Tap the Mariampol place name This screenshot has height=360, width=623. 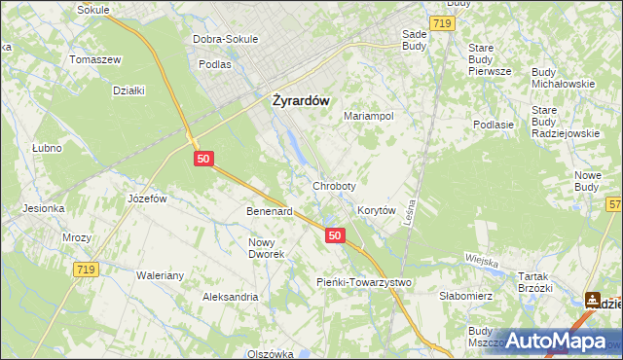(369, 116)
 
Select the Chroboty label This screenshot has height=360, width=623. (334, 185)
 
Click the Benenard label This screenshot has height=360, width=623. (270, 210)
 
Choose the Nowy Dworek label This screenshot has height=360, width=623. (267, 248)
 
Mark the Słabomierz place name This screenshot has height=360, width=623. (468, 296)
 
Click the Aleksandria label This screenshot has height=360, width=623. (230, 297)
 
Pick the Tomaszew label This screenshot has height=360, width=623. (94, 59)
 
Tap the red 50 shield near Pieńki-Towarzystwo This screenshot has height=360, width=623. (335, 235)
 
